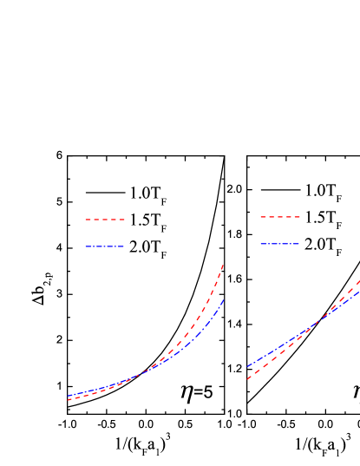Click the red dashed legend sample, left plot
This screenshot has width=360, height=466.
click(x=105, y=220)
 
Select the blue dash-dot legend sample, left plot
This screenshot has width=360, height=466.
click(x=105, y=246)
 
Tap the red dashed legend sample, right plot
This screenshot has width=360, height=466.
click(x=280, y=217)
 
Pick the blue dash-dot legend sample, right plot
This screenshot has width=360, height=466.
click(x=280, y=244)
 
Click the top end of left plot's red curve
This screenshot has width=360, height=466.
click(x=224, y=265)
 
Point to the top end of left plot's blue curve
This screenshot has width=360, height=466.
click(x=224, y=300)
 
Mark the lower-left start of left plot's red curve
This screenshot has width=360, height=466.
click(x=68, y=400)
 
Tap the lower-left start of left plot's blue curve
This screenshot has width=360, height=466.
click(x=68, y=397)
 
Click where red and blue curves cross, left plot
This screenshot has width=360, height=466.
click(x=130, y=380)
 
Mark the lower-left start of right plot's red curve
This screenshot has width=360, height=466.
click(x=247, y=379)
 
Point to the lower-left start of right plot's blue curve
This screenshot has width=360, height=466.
click(x=247, y=367)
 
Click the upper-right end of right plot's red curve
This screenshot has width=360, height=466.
click(x=359, y=280)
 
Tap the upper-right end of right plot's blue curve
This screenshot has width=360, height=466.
click(x=359, y=292)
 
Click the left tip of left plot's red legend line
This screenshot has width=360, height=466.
click(x=85, y=220)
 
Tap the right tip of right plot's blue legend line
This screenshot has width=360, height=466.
click(x=300, y=244)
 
